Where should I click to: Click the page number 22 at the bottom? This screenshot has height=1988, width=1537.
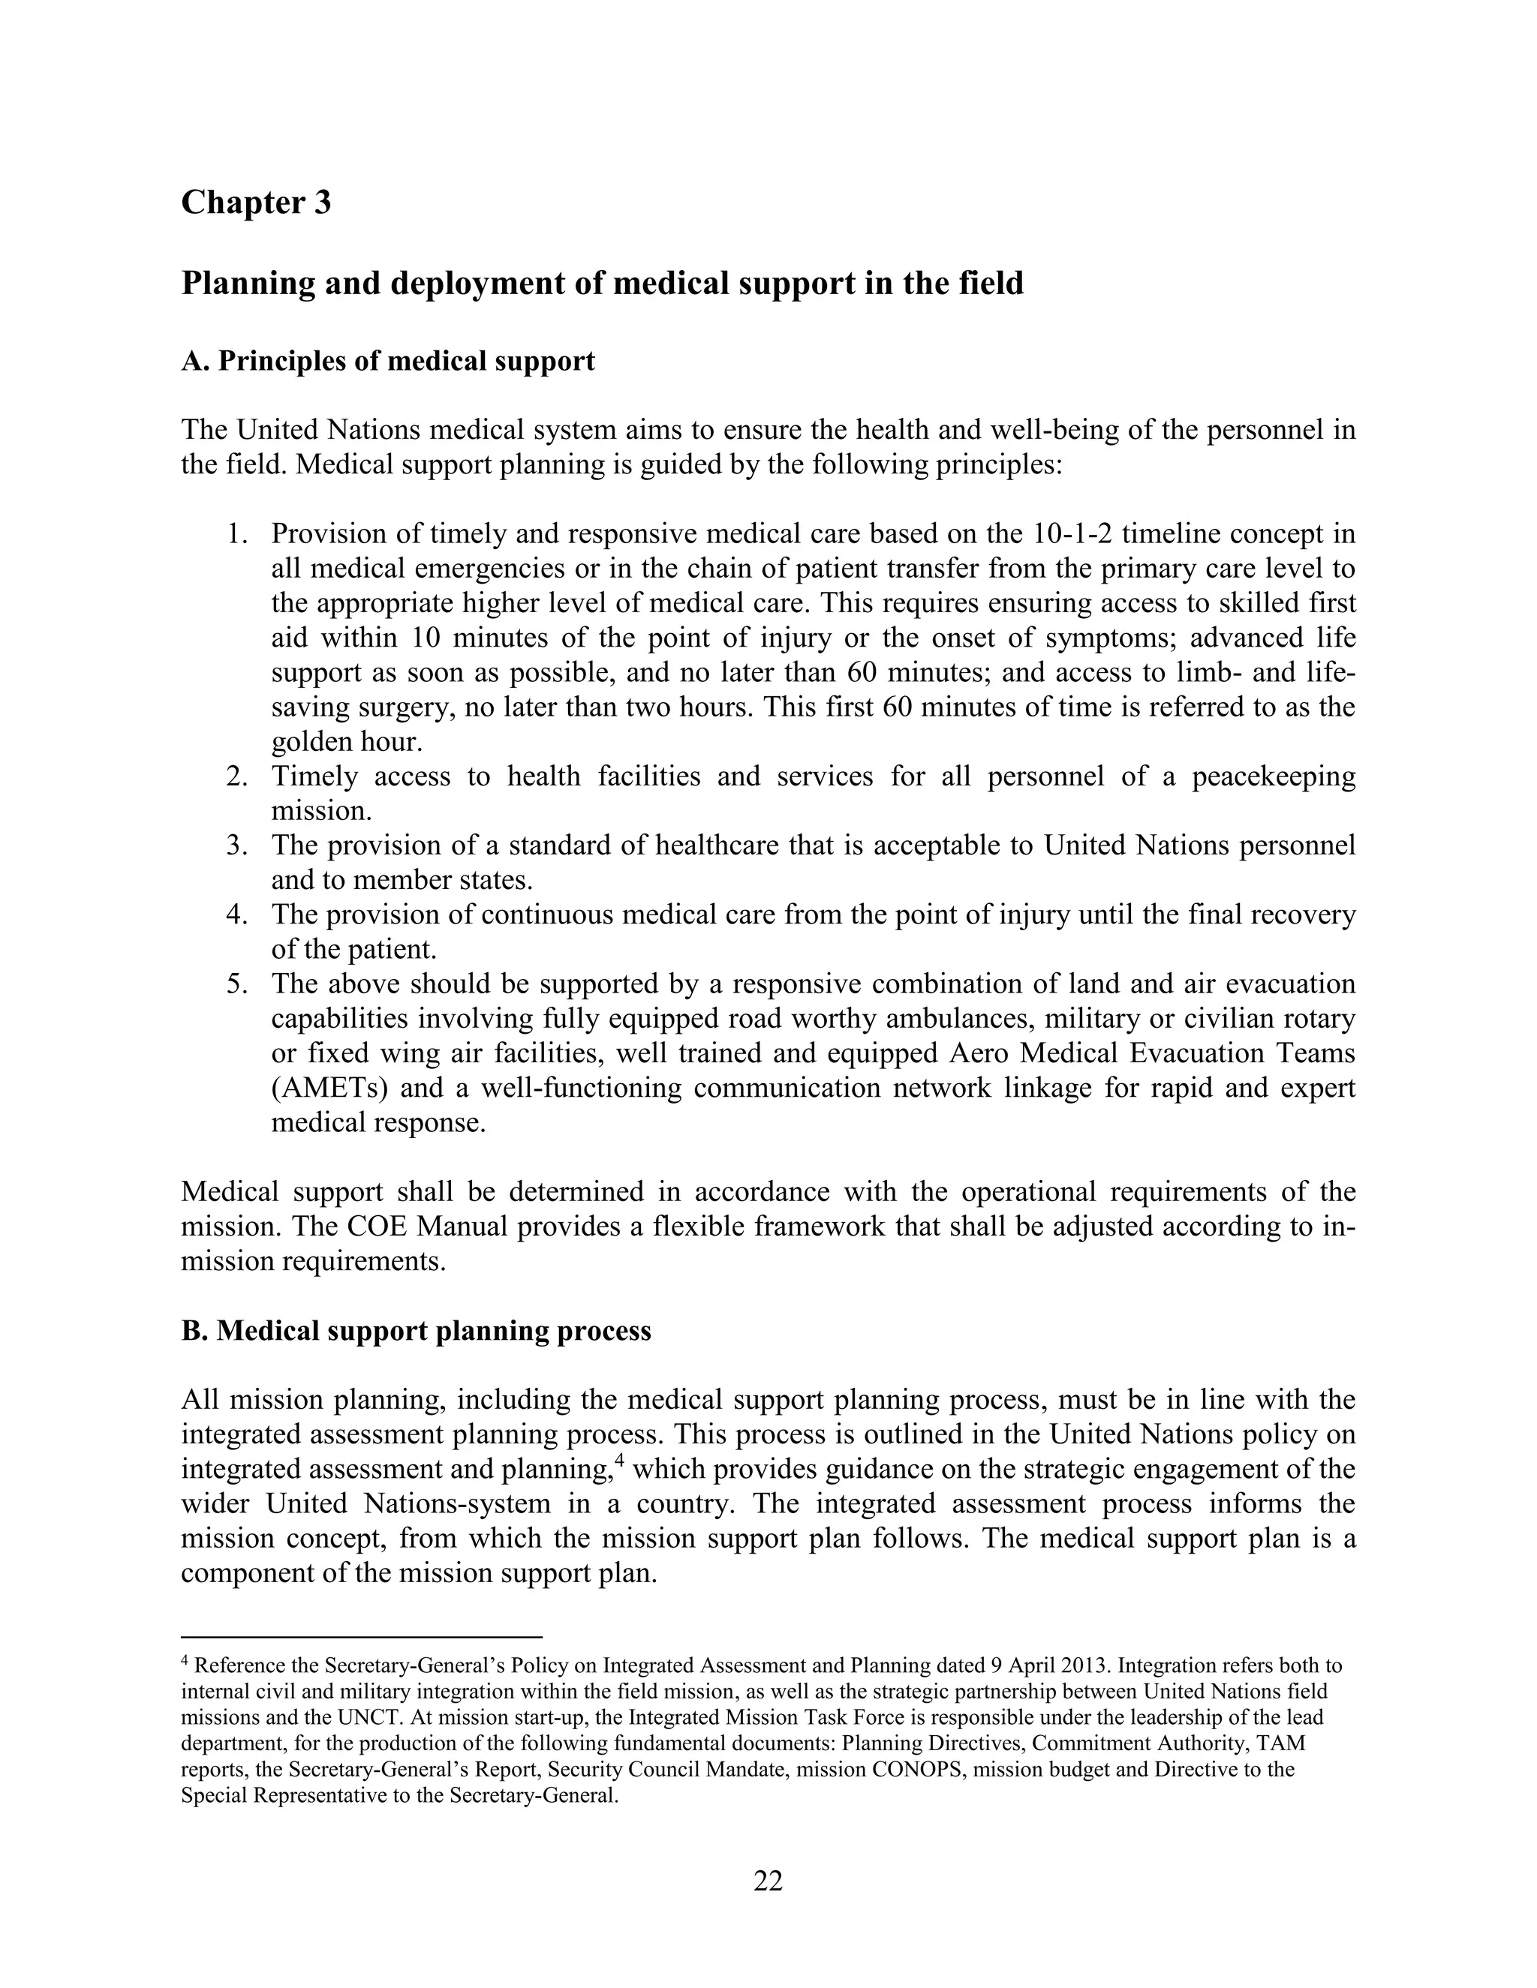[768, 1881]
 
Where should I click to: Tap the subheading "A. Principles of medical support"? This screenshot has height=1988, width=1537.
[388, 362]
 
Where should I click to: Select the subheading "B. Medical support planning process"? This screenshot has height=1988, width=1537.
[416, 1331]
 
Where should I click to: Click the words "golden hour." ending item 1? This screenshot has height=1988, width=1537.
[347, 742]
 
